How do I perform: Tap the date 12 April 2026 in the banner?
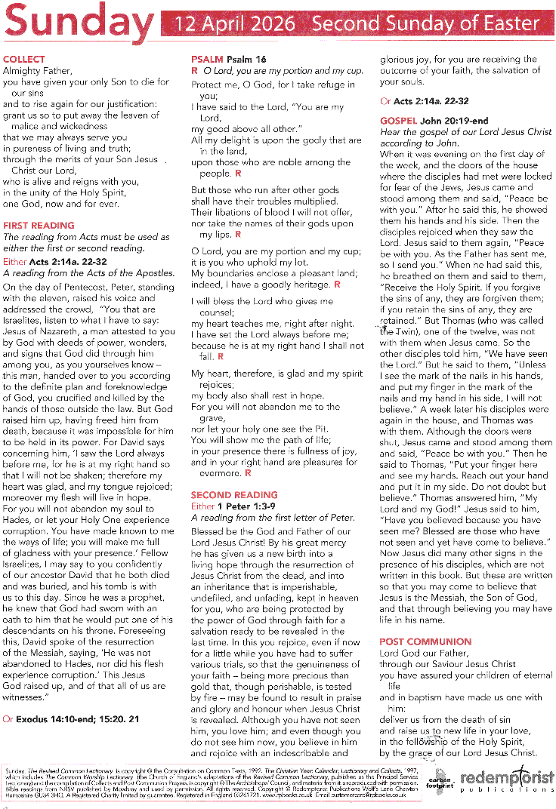coord(235,23)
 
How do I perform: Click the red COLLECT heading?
coord(24,59)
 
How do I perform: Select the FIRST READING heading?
coord(39,226)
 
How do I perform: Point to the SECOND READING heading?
coord(234,495)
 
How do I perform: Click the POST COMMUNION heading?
coord(425,642)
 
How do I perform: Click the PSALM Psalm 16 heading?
coord(229,59)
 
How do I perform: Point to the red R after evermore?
coord(246,473)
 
